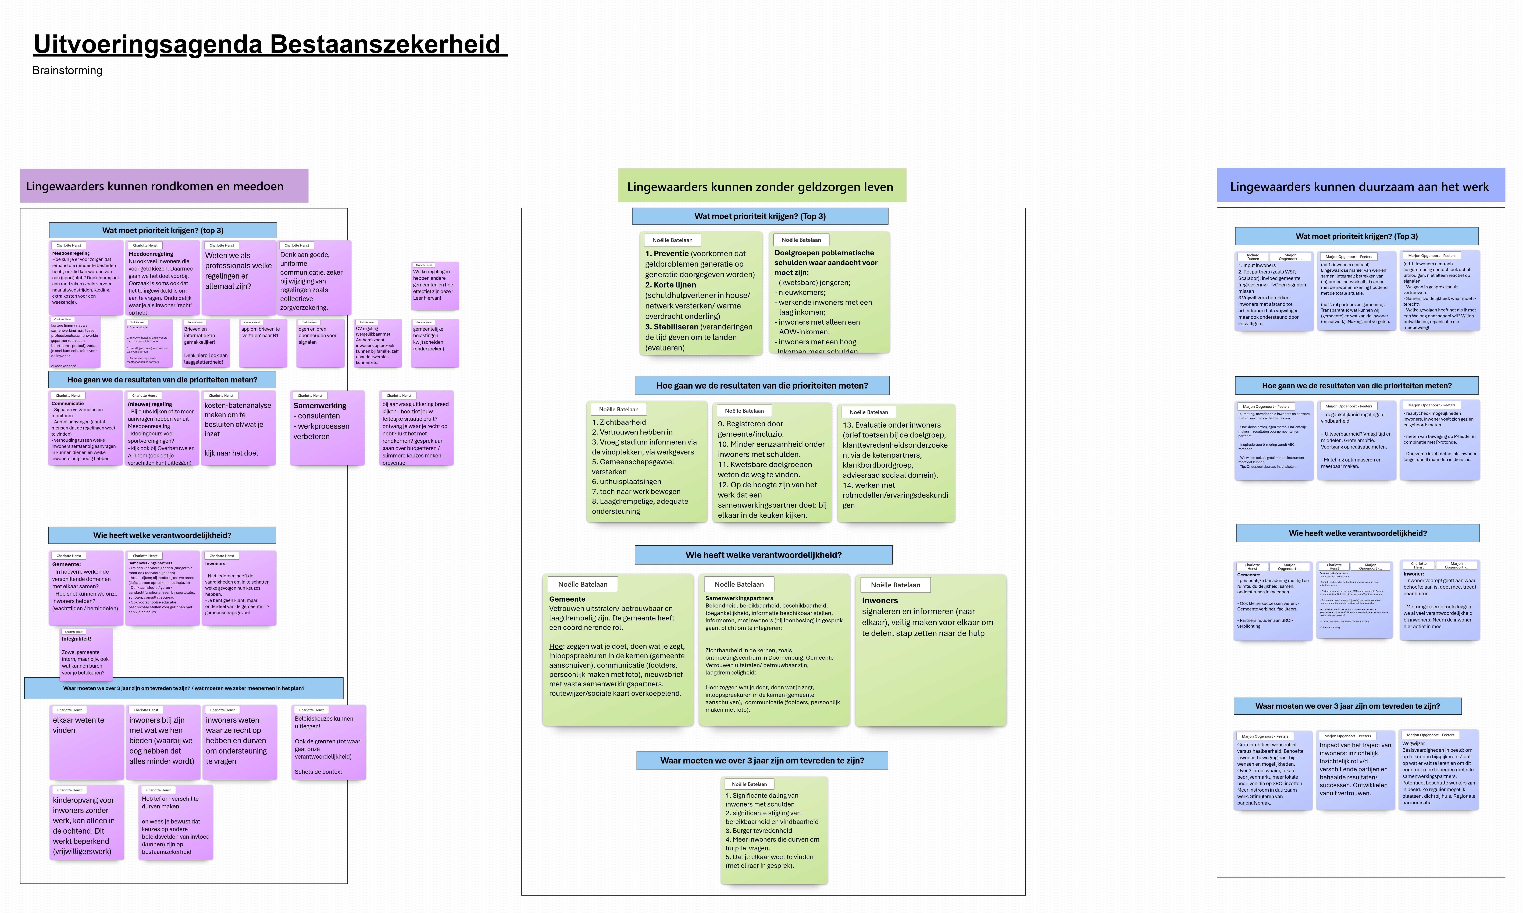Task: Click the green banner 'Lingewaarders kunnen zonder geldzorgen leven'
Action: pos(762,186)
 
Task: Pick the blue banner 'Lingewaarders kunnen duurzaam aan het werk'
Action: pos(1360,186)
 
